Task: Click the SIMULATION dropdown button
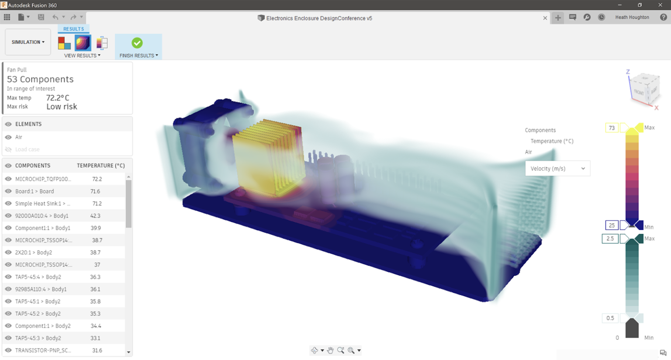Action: [x=28, y=42]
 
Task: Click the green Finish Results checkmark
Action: [x=137, y=43]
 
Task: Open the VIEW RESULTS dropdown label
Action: [x=82, y=55]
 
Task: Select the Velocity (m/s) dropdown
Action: [x=557, y=169]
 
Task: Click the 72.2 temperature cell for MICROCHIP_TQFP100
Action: [x=97, y=179]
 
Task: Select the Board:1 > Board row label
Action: [x=35, y=191]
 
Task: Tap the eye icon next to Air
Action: [x=8, y=137]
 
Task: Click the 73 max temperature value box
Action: [x=612, y=128]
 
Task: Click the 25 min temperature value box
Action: [x=612, y=225]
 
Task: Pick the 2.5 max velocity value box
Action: [x=610, y=239]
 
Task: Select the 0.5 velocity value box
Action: [x=610, y=318]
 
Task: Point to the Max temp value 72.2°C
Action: [x=58, y=98]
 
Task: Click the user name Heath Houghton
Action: [x=632, y=17]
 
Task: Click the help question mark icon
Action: [x=663, y=17]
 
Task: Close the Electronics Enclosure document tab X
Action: [x=545, y=18]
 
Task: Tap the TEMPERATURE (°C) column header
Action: [x=100, y=166]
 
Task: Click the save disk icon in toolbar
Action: [x=41, y=17]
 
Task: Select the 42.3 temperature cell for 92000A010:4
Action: [x=95, y=216]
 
